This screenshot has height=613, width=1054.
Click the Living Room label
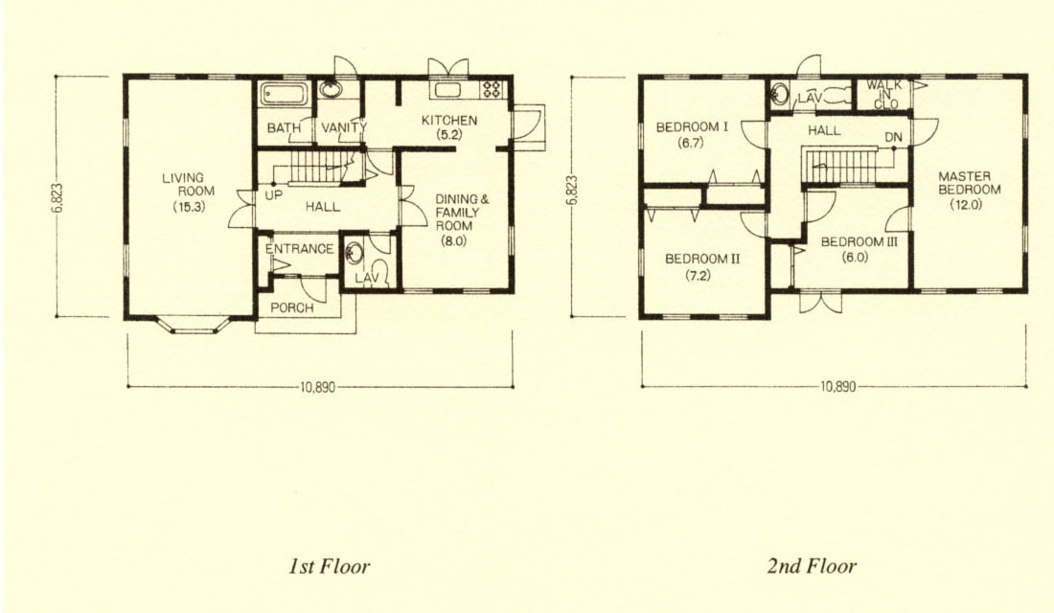(188, 193)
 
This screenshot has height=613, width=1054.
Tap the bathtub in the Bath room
(285, 94)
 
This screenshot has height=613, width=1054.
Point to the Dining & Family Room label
(462, 219)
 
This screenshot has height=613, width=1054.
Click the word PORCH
(291, 307)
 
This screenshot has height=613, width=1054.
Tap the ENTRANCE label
(299, 249)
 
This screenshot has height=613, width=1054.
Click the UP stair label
(274, 195)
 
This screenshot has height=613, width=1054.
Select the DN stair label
(893, 137)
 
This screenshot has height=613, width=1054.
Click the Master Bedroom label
(969, 191)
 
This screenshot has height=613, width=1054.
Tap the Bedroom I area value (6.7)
(691, 142)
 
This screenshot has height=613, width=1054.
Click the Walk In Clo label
(883, 95)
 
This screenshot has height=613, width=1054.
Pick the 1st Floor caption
(330, 567)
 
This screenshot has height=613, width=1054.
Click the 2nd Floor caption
(812, 567)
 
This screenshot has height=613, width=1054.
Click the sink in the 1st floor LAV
(355, 254)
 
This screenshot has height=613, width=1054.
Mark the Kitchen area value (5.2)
(448, 134)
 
